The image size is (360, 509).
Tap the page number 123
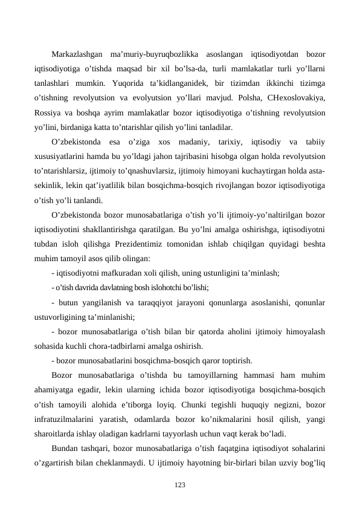(179, 485)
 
